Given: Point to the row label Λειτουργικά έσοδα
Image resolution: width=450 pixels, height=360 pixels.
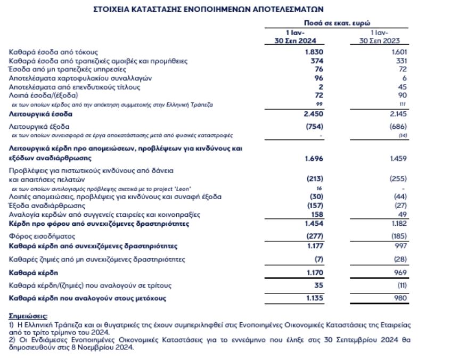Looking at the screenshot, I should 40,114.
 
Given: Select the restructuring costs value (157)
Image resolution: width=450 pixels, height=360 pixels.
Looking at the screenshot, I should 313,206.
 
